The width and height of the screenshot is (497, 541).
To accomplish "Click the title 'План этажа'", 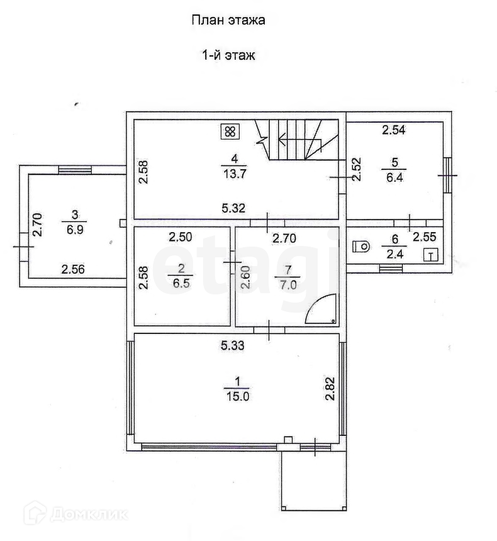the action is pyautogui.click(x=228, y=20).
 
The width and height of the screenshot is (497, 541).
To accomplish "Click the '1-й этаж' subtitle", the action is pyautogui.click(x=228, y=55).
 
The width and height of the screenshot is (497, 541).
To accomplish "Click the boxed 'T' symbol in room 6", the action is pyautogui.click(x=430, y=255).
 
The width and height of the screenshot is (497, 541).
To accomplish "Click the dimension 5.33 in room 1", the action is pyautogui.click(x=232, y=345).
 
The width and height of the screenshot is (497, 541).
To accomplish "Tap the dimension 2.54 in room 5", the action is pyautogui.click(x=394, y=131).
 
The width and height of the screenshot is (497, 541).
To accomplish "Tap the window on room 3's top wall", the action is pyautogui.click(x=75, y=169).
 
